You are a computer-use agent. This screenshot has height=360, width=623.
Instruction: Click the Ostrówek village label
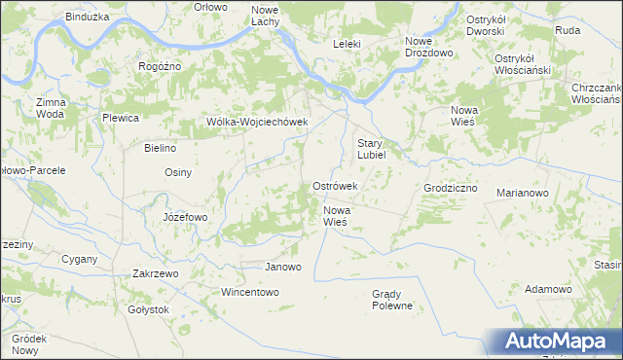(335, 186)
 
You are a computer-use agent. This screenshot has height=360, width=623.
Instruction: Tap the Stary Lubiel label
(373, 148)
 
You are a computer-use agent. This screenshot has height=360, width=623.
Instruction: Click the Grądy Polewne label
(392, 300)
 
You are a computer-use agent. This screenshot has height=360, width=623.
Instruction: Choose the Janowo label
(283, 267)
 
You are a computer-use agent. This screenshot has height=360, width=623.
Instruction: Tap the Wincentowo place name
(250, 292)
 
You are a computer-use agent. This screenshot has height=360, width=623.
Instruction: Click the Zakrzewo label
(155, 274)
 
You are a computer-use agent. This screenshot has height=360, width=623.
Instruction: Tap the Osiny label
(178, 172)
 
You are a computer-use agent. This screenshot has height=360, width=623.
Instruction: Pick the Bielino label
(160, 149)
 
